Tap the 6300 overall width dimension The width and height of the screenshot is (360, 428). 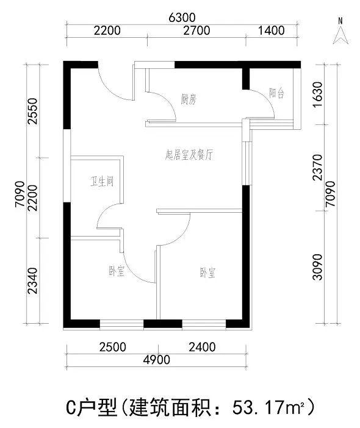[182, 18]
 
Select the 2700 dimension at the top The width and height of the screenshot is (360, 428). [196, 30]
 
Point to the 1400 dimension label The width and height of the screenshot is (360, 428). [272, 30]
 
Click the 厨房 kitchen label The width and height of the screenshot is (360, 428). [189, 99]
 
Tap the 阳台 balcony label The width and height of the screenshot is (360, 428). [276, 93]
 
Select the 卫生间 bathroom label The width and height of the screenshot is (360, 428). [102, 181]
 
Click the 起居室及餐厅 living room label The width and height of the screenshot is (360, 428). [189, 155]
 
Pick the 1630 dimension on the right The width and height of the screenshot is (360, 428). [319, 95]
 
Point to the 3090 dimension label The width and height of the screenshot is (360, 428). [319, 267]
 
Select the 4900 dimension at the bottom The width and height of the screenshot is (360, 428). [157, 360]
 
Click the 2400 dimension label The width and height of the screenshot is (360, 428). [202, 347]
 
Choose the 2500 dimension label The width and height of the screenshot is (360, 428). [112, 347]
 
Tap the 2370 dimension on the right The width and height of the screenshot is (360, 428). [319, 168]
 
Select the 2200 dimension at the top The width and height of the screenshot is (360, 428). [107, 30]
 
